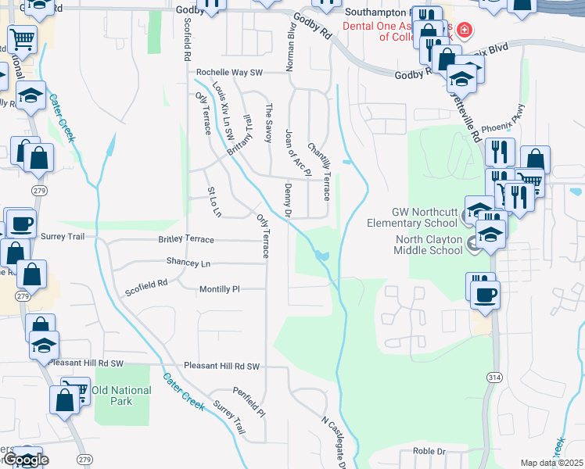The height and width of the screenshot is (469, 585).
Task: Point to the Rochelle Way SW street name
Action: click(229, 72)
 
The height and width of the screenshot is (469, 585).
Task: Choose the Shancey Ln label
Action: click(188, 263)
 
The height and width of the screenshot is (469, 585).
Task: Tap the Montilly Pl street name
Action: click(218, 288)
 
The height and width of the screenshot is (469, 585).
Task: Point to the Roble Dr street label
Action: click(429, 451)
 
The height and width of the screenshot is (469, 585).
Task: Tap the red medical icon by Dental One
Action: click(465, 30)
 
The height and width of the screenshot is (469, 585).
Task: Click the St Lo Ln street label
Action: click(214, 202)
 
